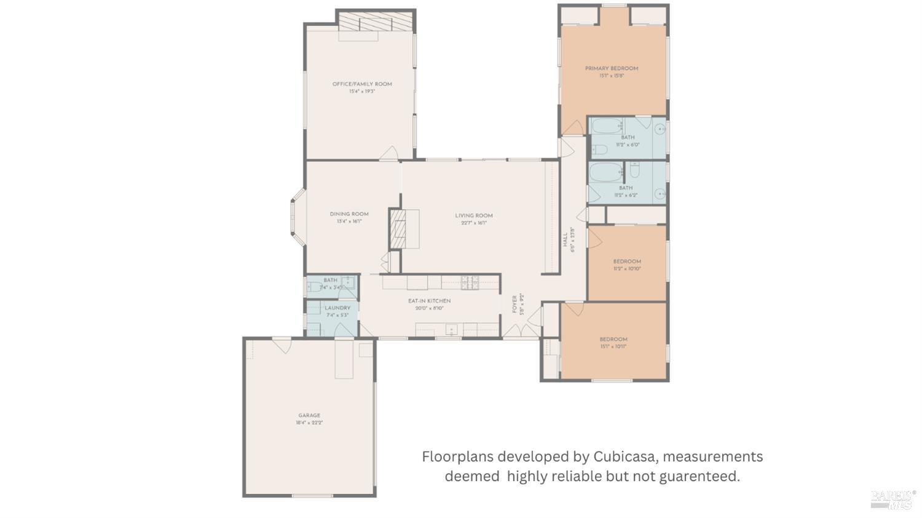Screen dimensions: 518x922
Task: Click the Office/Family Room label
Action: (x=362, y=84)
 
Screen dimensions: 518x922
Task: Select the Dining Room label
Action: (x=349, y=214)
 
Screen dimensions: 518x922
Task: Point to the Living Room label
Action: (x=474, y=215)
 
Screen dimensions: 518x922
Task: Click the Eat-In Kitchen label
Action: (x=429, y=301)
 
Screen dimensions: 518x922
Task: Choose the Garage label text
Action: (x=309, y=415)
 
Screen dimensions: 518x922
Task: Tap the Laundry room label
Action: (x=337, y=308)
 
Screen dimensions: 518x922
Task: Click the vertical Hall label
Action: (x=565, y=239)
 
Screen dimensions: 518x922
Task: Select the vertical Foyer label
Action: (x=515, y=304)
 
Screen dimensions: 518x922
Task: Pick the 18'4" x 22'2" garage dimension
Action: (x=309, y=423)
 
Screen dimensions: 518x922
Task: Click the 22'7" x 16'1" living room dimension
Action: (x=474, y=223)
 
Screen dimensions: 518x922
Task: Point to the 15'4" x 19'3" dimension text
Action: (x=362, y=91)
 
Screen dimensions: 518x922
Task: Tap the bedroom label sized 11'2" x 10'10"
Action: (x=627, y=261)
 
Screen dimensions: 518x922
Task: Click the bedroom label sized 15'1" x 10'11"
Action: (x=613, y=339)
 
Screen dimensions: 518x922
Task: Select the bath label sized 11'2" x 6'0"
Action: (x=628, y=137)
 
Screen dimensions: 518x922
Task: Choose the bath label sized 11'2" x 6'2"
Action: (x=626, y=188)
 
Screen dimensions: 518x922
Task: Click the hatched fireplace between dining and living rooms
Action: (x=398, y=229)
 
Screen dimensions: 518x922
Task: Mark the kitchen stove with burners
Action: (x=470, y=282)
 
